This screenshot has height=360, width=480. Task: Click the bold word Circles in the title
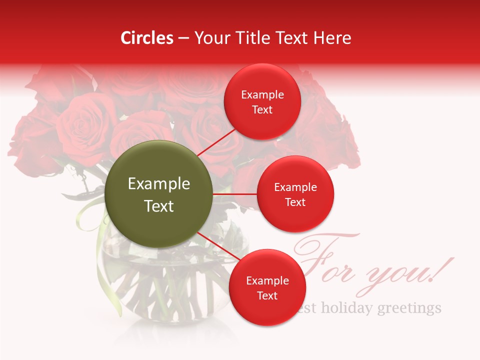tap(147, 38)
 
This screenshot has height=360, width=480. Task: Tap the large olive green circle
tap(159, 194)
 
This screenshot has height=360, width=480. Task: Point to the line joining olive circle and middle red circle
tap(235, 194)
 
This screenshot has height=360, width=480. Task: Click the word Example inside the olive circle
tap(159, 184)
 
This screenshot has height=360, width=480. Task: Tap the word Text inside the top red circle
tap(262, 110)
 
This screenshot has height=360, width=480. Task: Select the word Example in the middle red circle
tap(295, 187)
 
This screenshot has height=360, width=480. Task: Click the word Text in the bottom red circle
tap(267, 295)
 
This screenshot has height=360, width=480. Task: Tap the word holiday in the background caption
tap(346, 307)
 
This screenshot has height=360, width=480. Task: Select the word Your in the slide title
tap(210, 38)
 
